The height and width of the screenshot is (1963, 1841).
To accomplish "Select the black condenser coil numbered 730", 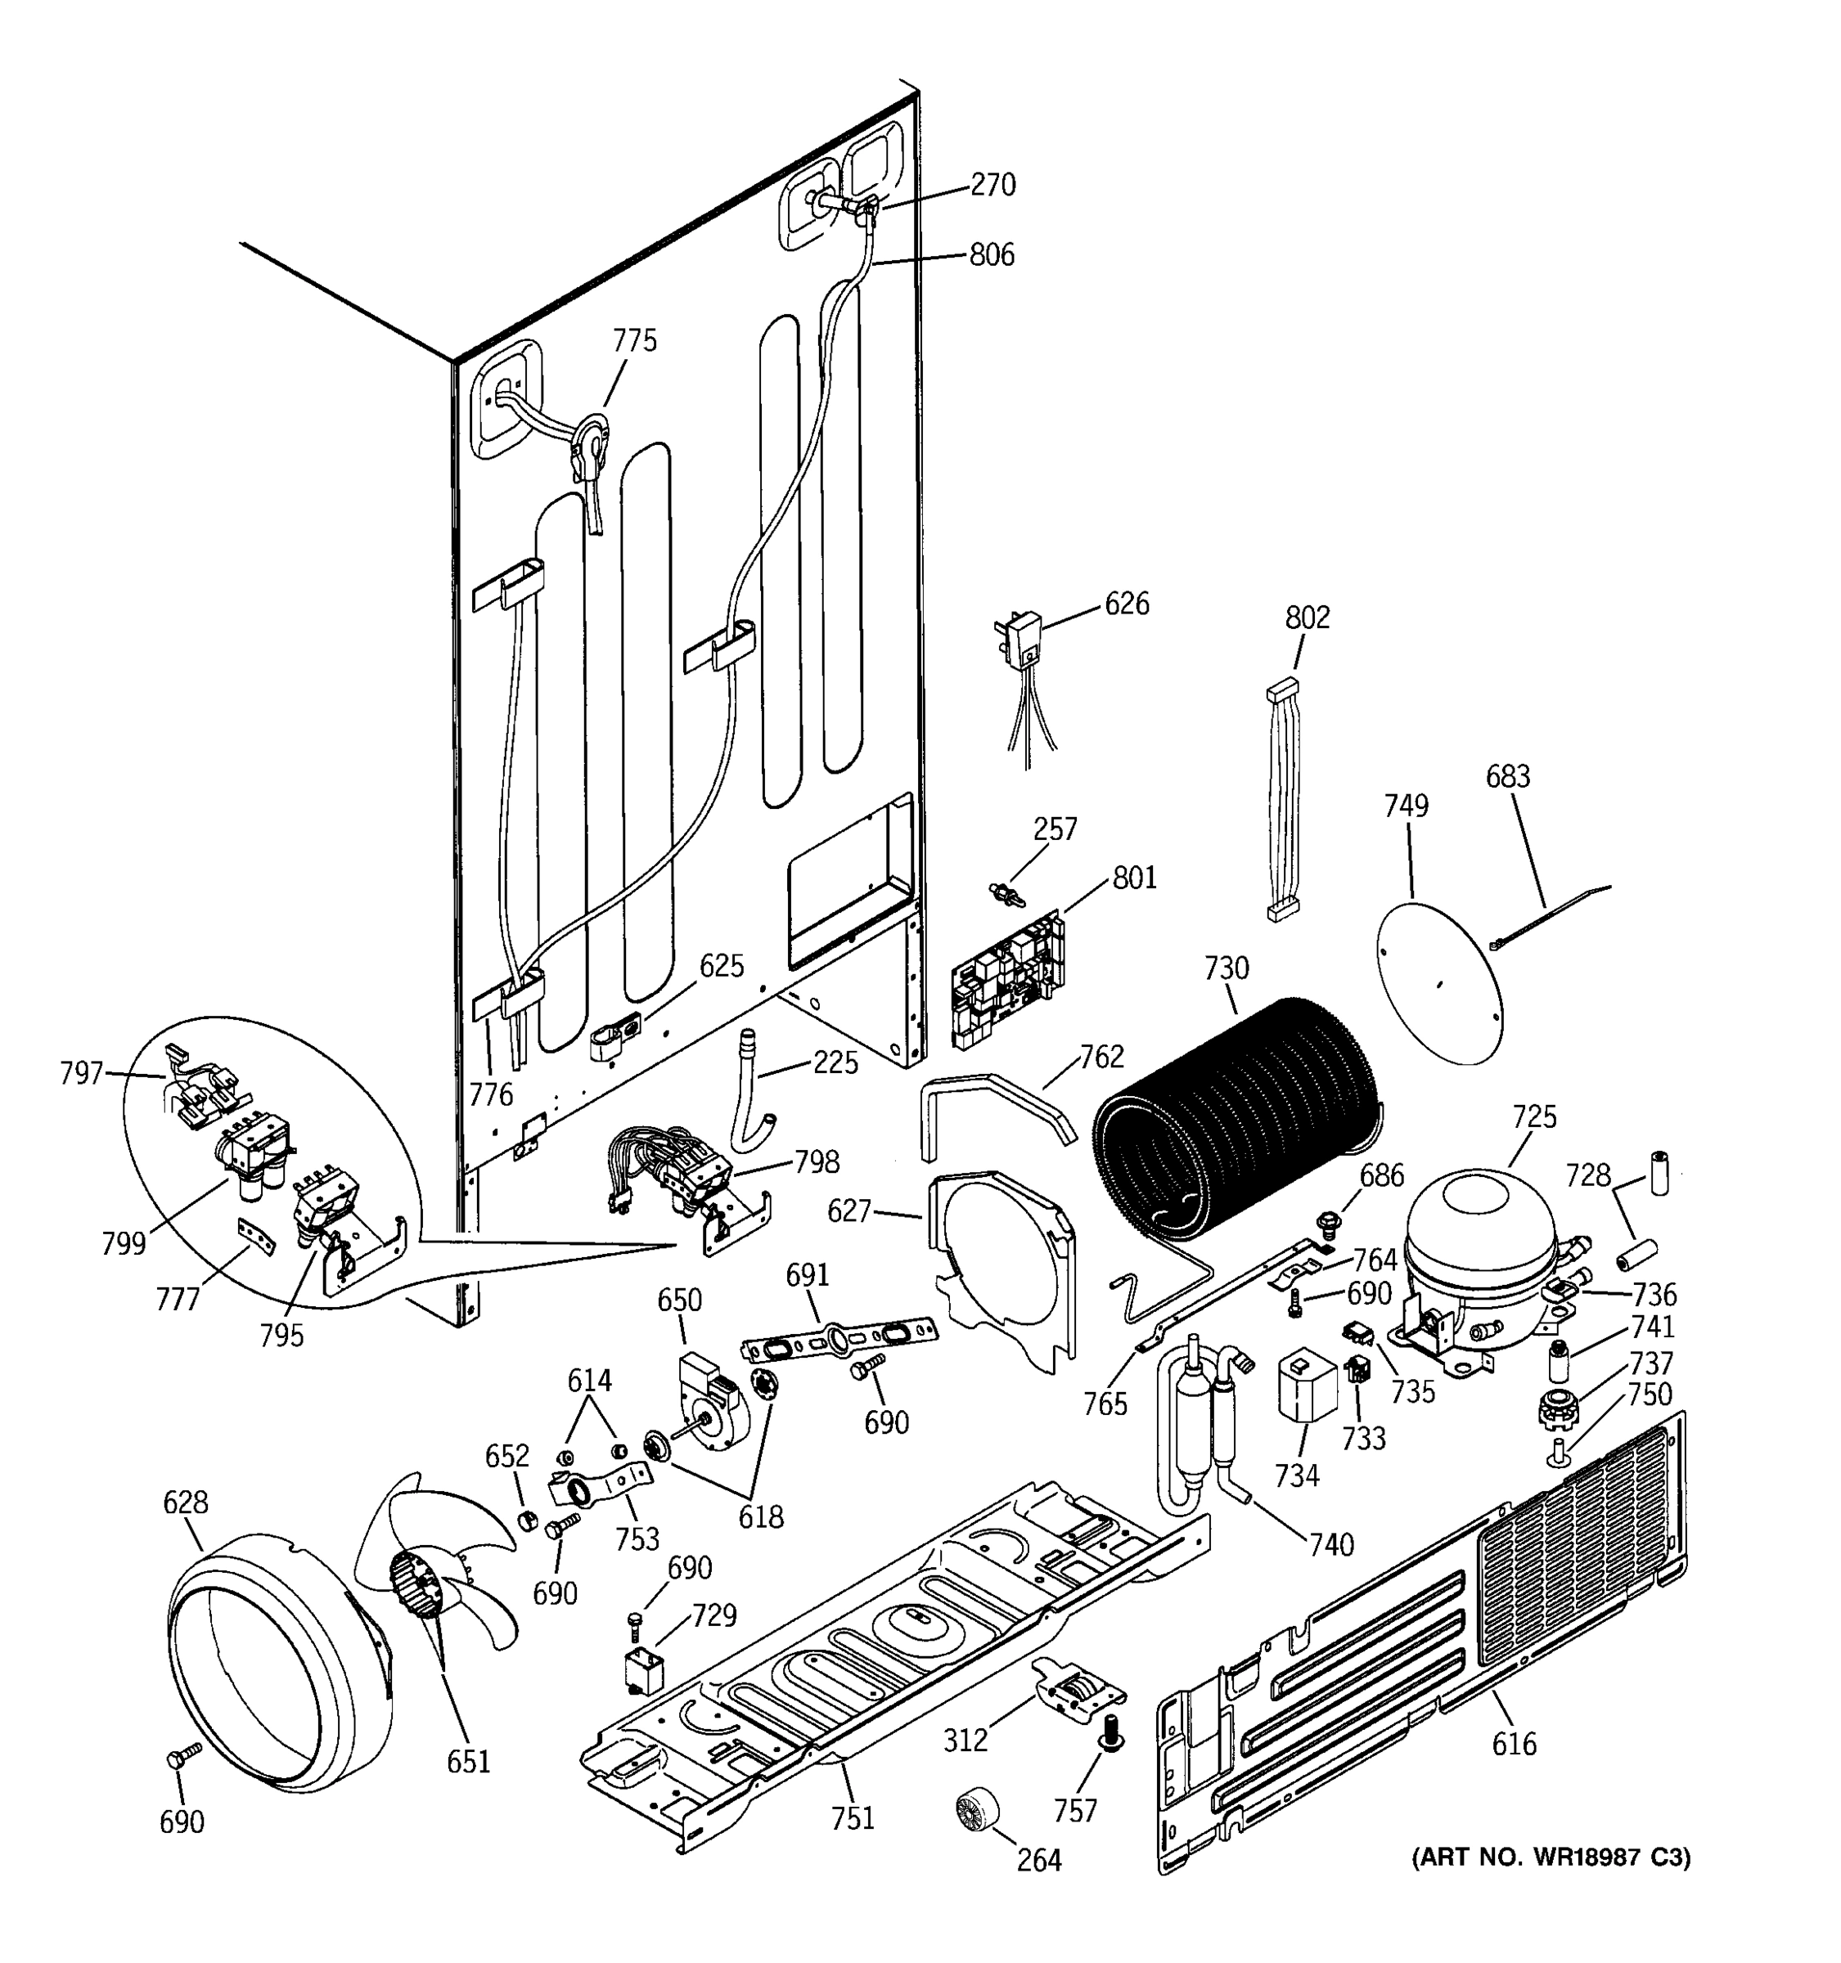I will (1240, 1120).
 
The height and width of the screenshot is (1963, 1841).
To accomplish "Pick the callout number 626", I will (1126, 604).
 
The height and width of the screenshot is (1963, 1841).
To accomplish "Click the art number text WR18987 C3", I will (1551, 1857).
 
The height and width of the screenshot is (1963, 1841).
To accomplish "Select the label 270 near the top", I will (992, 185).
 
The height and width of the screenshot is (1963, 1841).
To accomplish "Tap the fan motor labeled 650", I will (713, 1402).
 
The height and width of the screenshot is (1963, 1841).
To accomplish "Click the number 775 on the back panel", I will (634, 340).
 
